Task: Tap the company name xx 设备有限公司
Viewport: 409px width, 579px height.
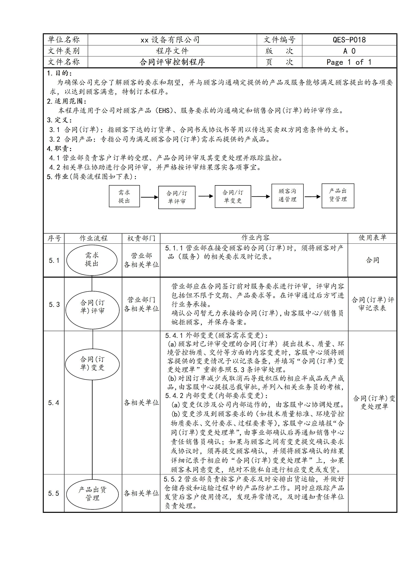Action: [170, 40]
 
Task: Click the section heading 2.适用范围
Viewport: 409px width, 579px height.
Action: [67, 101]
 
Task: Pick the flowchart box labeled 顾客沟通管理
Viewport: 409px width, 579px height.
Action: [287, 196]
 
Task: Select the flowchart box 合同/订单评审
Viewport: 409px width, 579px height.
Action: [177, 197]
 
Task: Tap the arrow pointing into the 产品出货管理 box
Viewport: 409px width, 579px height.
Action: [313, 196]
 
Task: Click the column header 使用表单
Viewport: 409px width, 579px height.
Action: [372, 238]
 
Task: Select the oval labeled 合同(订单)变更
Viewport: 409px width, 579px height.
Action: [92, 363]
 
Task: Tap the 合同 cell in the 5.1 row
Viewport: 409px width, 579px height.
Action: [372, 260]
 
